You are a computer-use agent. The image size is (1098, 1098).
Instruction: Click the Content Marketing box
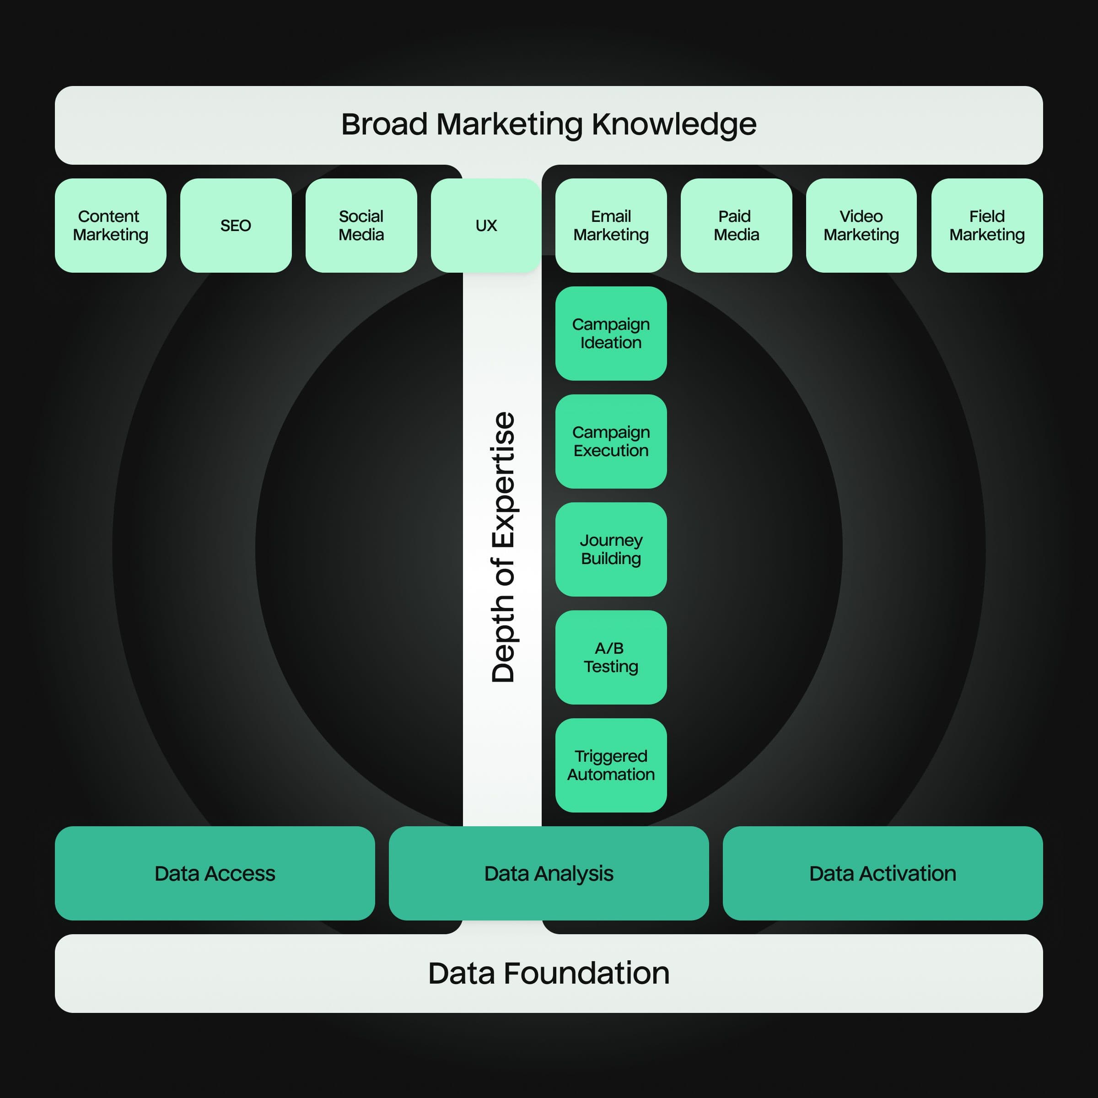pyautogui.click(x=110, y=226)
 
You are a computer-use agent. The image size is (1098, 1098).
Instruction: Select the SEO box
pyautogui.click(x=236, y=226)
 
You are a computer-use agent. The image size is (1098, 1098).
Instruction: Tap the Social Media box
pyautogui.click(x=361, y=226)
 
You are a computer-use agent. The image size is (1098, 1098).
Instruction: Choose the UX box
pyautogui.click(x=486, y=226)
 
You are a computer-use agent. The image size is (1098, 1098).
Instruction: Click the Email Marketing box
pyautogui.click(x=611, y=226)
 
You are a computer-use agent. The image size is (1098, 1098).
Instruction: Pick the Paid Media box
pyautogui.click(x=736, y=226)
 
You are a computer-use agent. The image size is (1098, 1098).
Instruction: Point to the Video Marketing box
pyautogui.click(x=861, y=226)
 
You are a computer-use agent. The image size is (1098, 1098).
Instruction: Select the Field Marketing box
pyautogui.click(x=987, y=226)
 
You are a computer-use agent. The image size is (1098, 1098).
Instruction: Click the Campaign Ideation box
pyautogui.click(x=611, y=334)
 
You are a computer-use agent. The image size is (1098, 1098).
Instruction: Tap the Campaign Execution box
pyautogui.click(x=611, y=441)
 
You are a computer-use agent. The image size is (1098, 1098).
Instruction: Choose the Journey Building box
pyautogui.click(x=611, y=549)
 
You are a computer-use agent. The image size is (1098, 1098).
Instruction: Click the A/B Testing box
pyautogui.click(x=611, y=657)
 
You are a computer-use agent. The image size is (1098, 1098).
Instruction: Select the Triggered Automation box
pyautogui.click(x=611, y=765)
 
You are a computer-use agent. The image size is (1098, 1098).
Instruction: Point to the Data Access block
pyautogui.click(x=215, y=873)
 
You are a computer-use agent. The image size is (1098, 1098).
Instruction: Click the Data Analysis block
pyautogui.click(x=549, y=873)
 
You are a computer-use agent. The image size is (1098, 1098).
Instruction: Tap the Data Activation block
pyautogui.click(x=883, y=873)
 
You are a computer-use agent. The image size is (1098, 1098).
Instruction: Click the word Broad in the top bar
pyautogui.click(x=384, y=124)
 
